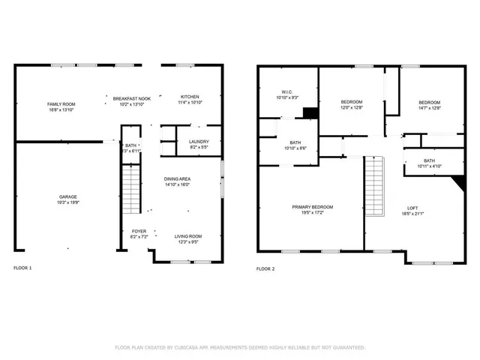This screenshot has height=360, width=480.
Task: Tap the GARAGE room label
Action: point(68,197)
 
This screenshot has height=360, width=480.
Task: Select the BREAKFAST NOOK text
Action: point(132,98)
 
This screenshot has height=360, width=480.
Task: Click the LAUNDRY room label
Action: point(199,142)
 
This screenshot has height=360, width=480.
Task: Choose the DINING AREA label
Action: point(177,179)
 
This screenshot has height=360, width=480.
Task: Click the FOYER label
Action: point(139,231)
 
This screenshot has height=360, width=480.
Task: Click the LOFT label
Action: point(412,208)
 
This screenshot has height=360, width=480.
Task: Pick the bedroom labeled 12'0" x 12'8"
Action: point(351,102)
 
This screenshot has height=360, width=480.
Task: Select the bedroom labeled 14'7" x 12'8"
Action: point(429,102)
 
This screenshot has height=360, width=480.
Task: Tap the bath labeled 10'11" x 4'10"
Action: point(429,161)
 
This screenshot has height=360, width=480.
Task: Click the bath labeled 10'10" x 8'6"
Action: point(295,143)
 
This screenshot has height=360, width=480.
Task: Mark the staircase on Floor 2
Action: point(373,184)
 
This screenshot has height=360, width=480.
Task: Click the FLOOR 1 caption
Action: point(23,268)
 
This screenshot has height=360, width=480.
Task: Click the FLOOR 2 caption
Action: point(265,268)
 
